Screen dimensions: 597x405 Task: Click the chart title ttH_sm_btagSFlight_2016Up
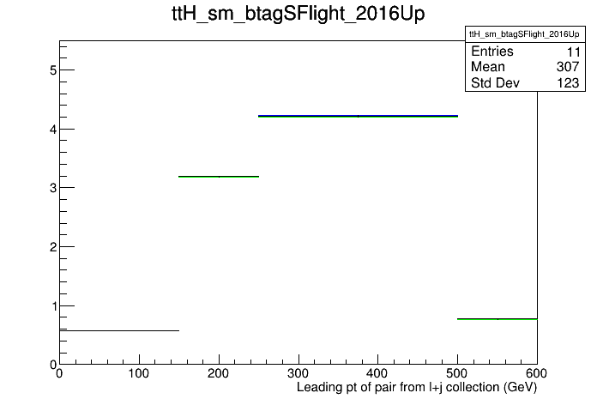(x=298, y=14)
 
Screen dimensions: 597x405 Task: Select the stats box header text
(x=524, y=34)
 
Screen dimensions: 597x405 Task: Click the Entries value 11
(x=573, y=51)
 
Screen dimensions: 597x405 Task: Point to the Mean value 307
(x=568, y=67)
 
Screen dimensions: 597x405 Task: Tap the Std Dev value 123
(x=568, y=83)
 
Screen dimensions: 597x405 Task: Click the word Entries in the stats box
(x=492, y=51)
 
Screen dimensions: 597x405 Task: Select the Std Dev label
(x=495, y=82)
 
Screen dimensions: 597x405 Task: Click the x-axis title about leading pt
(x=417, y=388)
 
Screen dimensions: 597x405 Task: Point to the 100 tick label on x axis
(x=139, y=373)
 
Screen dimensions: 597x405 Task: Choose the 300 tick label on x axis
(x=298, y=373)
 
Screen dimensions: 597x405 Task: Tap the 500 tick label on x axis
(x=457, y=373)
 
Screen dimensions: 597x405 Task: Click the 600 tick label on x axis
(x=536, y=373)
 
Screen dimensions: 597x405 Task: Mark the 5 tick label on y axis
(x=53, y=70)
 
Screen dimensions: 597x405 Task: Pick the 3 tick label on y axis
(x=53, y=188)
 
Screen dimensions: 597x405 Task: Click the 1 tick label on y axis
(x=53, y=306)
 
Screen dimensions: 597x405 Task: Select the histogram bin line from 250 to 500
(x=358, y=116)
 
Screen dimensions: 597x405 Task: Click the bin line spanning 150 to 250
(x=219, y=177)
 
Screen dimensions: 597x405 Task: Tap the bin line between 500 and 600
(x=497, y=319)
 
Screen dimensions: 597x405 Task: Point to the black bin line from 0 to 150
(x=119, y=330)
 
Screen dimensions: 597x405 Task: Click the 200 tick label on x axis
(x=218, y=373)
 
